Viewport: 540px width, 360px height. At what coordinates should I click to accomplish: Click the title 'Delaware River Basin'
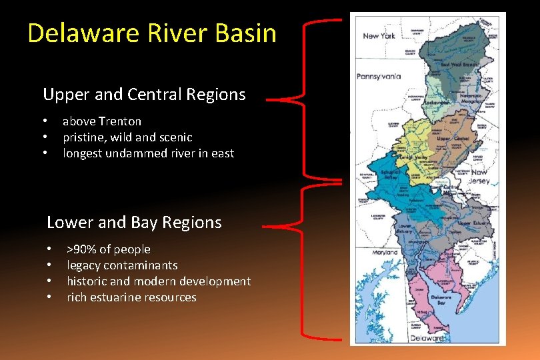click(152, 33)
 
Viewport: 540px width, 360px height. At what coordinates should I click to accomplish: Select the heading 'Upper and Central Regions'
click(144, 95)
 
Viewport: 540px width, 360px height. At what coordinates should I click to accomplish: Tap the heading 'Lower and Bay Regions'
click(134, 222)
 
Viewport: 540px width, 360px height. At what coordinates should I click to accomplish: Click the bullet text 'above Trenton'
click(102, 121)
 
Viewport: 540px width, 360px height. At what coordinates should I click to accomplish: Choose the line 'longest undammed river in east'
click(148, 153)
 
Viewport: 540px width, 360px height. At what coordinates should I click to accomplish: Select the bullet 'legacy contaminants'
click(122, 265)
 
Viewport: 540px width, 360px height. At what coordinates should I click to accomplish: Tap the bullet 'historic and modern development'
click(159, 281)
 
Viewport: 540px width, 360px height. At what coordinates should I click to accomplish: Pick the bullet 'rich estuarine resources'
click(131, 297)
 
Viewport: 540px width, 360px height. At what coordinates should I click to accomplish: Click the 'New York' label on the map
click(379, 35)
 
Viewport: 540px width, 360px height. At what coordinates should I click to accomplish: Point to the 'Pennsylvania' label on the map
click(379, 76)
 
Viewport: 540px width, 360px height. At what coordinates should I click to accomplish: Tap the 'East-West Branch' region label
click(460, 65)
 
